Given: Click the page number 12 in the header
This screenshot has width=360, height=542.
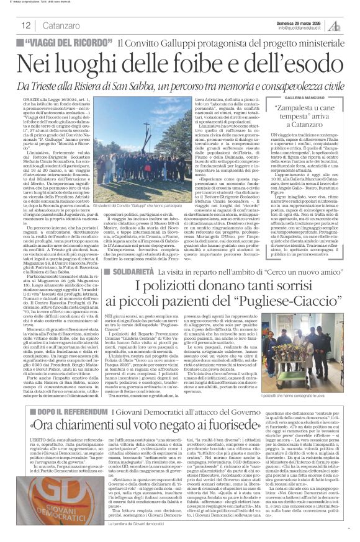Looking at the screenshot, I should (x=26, y=25).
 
